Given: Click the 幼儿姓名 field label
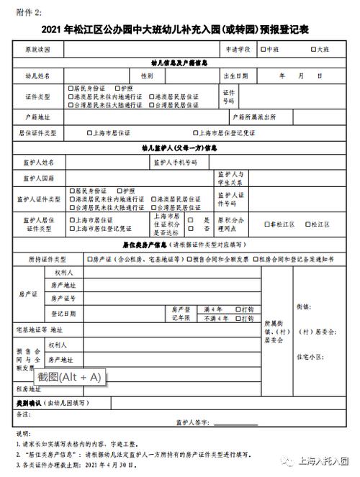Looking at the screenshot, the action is pyautogui.click(x=38, y=76).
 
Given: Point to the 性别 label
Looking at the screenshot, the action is pyautogui.click(x=147, y=76).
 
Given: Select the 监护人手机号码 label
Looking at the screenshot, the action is pyautogui.click(x=175, y=163).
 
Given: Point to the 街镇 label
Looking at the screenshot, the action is pyautogui.click(x=302, y=306).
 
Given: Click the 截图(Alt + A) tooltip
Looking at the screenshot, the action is pyautogui.click(x=70, y=376).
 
